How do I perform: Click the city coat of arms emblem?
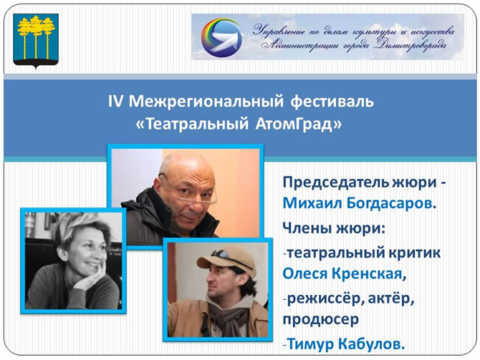(x=36, y=42)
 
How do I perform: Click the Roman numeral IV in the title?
(x=115, y=102)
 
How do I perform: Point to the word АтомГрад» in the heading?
(x=298, y=124)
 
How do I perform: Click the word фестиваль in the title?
(x=332, y=102)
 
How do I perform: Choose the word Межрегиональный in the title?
(x=206, y=102)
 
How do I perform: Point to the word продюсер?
(x=320, y=320)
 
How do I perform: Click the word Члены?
(x=307, y=229)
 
